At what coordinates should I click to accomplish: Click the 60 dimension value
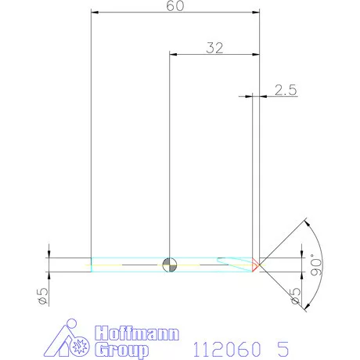[175, 5]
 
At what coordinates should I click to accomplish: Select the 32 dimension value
[214, 48]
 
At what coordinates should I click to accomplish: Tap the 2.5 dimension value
[286, 90]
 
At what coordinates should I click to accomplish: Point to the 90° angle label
[316, 265]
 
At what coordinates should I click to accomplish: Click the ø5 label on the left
[43, 296]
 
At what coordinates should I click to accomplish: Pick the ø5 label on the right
[296, 296]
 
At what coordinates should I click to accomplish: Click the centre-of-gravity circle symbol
[170, 265]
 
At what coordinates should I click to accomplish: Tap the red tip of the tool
[255, 265]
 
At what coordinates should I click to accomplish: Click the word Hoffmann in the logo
[137, 333]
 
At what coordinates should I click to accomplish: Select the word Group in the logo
[122, 350]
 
